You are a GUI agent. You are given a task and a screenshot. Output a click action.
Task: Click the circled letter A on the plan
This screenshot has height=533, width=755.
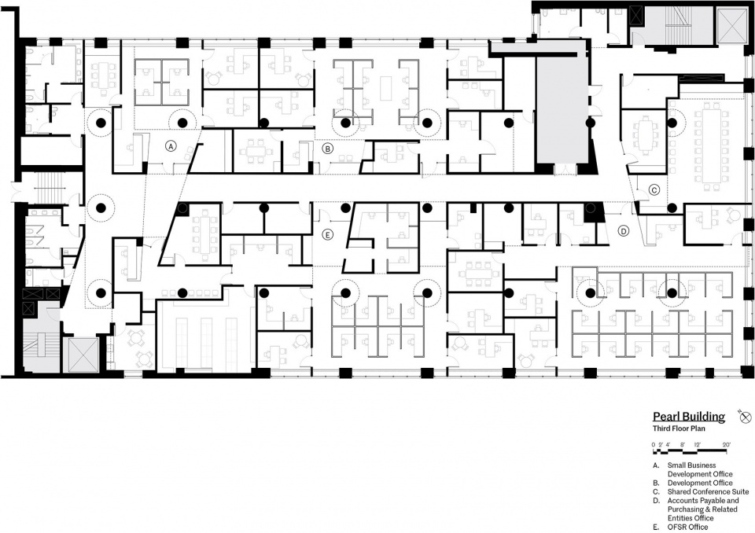[x=171, y=146]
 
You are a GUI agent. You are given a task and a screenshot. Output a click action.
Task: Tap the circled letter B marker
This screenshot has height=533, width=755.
[x=327, y=149]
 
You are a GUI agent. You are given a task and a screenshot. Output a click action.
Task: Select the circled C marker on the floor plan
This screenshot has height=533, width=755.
[x=654, y=189]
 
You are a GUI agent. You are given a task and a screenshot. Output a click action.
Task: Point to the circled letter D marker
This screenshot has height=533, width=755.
[x=624, y=231]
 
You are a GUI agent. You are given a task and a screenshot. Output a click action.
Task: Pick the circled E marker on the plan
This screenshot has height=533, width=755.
[x=327, y=235]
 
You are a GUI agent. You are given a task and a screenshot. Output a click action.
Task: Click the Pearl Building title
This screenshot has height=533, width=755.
[x=689, y=417]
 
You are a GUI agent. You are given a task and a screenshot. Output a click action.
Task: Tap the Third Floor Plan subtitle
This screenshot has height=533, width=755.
[x=679, y=428]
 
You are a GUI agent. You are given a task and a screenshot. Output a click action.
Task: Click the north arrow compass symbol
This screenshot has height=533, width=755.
[x=746, y=417]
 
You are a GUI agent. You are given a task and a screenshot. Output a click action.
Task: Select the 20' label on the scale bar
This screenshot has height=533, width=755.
[x=726, y=444]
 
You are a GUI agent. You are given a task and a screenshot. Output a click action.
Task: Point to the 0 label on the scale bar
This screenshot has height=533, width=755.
[x=654, y=444]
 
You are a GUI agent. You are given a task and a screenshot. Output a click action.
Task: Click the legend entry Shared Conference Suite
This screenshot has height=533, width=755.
[x=708, y=491]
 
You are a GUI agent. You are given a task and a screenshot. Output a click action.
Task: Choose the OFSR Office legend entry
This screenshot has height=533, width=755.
[x=687, y=527]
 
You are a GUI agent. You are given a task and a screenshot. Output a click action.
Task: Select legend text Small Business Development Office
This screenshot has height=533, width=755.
[x=700, y=469]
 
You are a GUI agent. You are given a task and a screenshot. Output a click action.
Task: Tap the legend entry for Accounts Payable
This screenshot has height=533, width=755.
[x=703, y=509]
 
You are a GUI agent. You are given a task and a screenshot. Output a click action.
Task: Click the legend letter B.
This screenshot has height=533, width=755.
[x=655, y=483]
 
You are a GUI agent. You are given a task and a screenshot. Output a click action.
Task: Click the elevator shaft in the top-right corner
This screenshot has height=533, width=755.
[x=733, y=25]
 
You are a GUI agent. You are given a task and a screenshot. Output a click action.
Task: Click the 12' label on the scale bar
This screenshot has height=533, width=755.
[x=698, y=444]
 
